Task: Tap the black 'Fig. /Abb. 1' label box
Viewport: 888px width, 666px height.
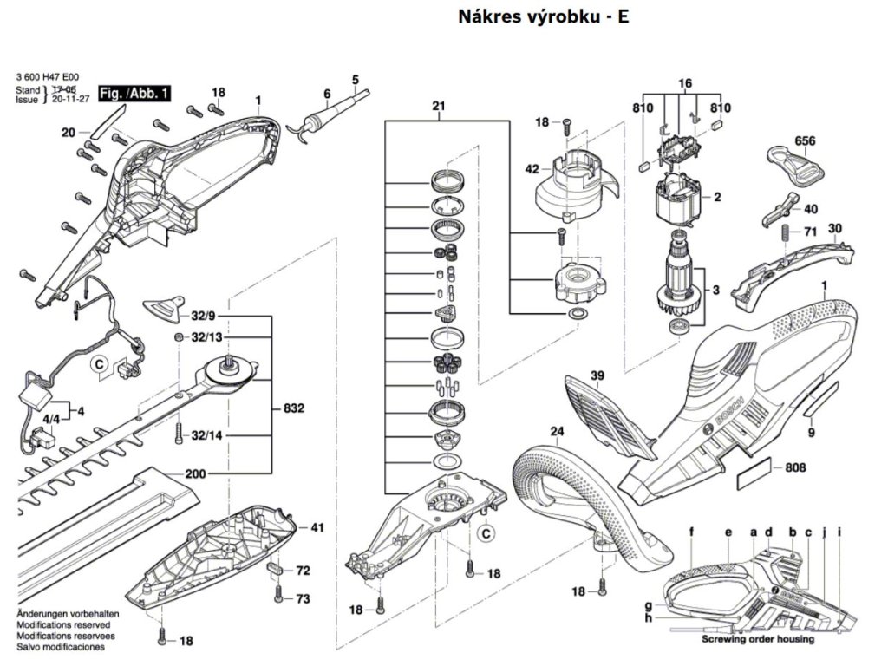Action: point(135,92)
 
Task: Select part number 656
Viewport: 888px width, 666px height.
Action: point(806,140)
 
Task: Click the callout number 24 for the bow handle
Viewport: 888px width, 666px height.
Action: point(556,431)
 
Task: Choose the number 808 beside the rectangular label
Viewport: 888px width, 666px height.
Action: point(795,468)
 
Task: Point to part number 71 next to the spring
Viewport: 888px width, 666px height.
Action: point(810,232)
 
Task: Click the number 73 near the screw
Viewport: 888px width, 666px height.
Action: point(303,598)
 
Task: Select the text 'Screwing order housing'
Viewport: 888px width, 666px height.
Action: point(758,639)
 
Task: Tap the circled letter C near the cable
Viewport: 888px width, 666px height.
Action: point(99,363)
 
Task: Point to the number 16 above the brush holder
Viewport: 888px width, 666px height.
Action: point(685,83)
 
